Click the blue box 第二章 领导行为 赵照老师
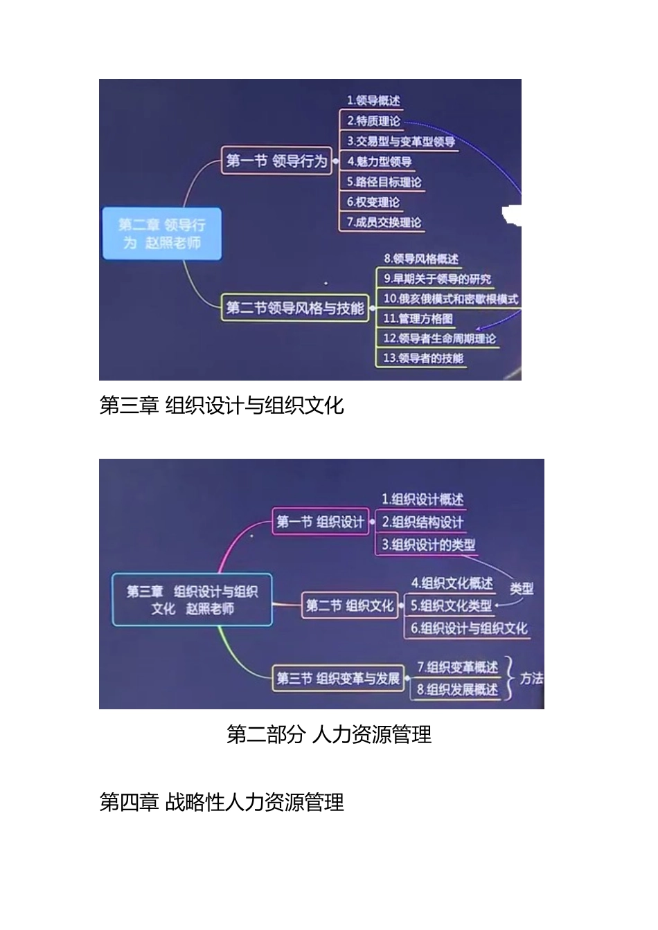pos(162,234)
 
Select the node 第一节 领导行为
pos(276,161)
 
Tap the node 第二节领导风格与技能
pos(295,308)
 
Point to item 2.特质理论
pos(373,121)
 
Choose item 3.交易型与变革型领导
pos(401,141)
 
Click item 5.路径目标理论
pos(384,182)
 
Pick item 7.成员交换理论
pos(384,222)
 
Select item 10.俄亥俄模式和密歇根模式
pos(450,299)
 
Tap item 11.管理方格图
pos(418,318)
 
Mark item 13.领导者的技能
pos(423,358)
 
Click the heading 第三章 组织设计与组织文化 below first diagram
pos(222,405)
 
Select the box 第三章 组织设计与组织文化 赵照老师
pos(192,600)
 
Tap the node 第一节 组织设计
pos(320,522)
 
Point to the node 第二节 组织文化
pos(349,606)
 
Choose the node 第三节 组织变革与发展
pos(338,678)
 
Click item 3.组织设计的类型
pos(429,545)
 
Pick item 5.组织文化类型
pos(451,605)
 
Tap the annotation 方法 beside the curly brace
pos(532,678)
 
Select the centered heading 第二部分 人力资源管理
pos(329,734)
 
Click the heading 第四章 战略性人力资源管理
pos(222,803)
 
